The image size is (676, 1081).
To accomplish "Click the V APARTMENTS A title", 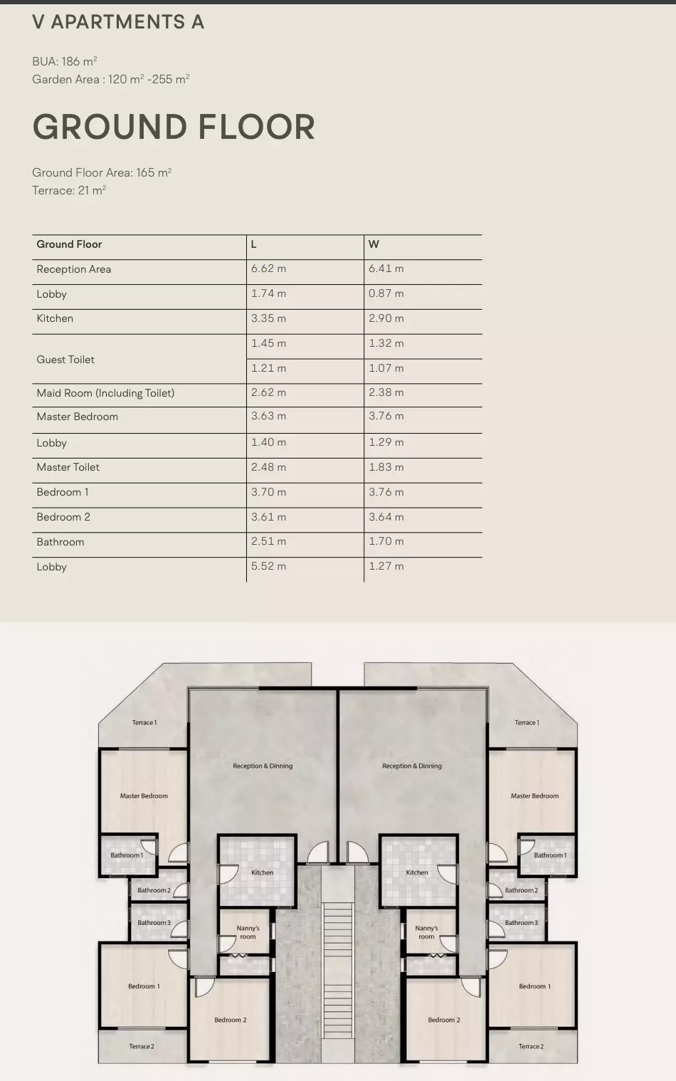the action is [x=118, y=22].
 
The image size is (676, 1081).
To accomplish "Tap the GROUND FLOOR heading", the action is [x=174, y=127].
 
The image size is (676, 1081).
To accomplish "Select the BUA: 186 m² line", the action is [x=65, y=61].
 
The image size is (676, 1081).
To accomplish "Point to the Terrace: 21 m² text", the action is [x=69, y=190].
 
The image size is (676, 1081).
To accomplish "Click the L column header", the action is [x=253, y=244].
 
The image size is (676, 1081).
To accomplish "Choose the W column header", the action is [x=374, y=244].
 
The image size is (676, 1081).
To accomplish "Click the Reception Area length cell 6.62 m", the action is [x=268, y=268].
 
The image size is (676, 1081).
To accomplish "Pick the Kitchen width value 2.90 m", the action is [x=386, y=318].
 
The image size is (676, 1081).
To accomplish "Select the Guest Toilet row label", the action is [x=65, y=360].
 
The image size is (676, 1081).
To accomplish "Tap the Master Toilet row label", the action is [x=68, y=467].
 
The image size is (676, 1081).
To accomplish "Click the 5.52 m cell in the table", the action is [x=268, y=566].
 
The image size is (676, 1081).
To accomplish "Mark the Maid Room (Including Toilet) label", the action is [x=105, y=393].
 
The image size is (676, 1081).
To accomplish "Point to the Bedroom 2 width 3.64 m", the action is [x=386, y=517].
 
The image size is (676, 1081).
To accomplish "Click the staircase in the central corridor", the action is [x=338, y=971].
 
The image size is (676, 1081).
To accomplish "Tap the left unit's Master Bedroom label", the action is [x=144, y=795].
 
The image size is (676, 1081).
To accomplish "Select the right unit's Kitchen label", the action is [x=417, y=872].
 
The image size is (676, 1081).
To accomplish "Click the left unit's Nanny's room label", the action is [x=248, y=932].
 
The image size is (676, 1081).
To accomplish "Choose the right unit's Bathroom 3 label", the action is [x=521, y=923].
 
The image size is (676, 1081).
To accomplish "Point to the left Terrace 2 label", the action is [x=142, y=1046].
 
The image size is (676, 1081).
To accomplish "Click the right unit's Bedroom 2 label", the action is [x=444, y=1020].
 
